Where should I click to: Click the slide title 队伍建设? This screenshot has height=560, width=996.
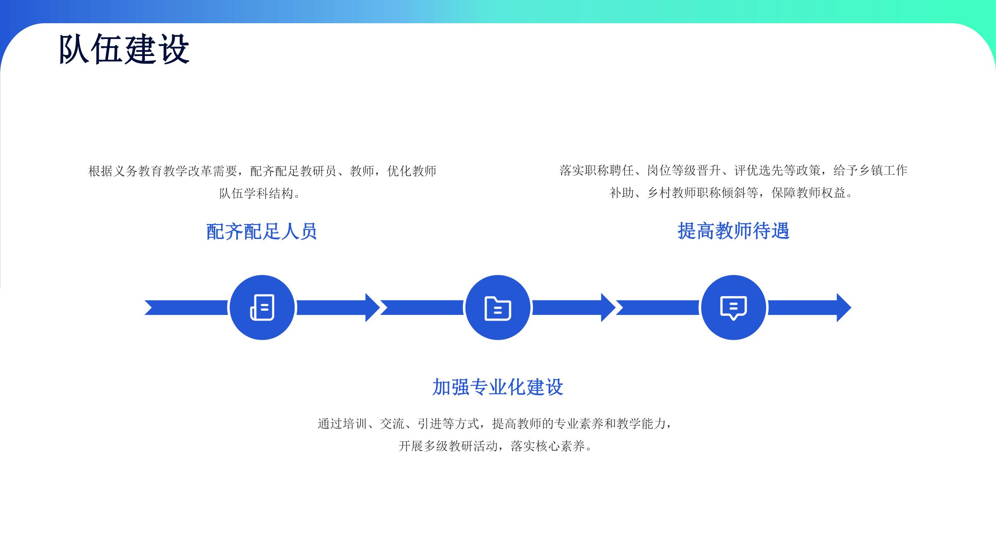pyautogui.click(x=124, y=49)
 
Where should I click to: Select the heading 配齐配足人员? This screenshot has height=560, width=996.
pyautogui.click(x=261, y=231)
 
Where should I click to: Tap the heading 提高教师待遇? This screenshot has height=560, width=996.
pyautogui.click(x=733, y=231)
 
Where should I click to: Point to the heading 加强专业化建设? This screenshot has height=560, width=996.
pyautogui.click(x=498, y=387)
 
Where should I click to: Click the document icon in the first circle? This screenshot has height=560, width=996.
pyautogui.click(x=262, y=307)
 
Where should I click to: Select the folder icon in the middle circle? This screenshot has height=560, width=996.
pyautogui.click(x=498, y=308)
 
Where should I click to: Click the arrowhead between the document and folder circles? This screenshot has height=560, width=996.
pyautogui.click(x=373, y=307)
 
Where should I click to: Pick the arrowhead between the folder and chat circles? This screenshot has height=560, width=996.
pyautogui.click(x=608, y=307)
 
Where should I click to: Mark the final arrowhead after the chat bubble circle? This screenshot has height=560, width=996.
pyautogui.click(x=844, y=307)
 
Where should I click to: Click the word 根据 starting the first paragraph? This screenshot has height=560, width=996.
pyautogui.click(x=100, y=171)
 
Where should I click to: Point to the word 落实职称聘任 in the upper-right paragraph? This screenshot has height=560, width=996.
pyautogui.click(x=597, y=170)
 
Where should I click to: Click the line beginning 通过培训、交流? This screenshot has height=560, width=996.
pyautogui.click(x=495, y=424)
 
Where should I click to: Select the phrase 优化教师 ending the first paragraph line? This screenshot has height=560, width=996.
pyautogui.click(x=412, y=171)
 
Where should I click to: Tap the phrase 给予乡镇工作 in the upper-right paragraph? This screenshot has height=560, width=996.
pyautogui.click(x=870, y=170)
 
